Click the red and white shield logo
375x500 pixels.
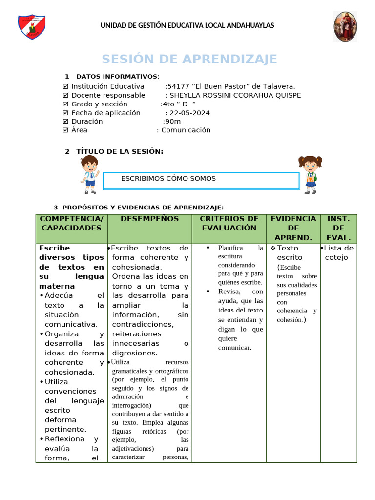coord(32,27)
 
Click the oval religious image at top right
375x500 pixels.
coord(345,27)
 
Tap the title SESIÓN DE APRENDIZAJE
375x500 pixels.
coord(189,59)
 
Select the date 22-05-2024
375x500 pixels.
coord(189,113)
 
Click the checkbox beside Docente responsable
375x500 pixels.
coord(66,95)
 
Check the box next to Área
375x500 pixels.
coord(66,130)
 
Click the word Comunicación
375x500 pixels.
coord(186,130)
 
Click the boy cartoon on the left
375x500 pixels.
coord(89,174)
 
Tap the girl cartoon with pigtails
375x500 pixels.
coord(310,174)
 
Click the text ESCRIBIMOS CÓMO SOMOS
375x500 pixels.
coord(168,179)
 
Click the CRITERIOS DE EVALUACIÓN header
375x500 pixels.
coord(229,223)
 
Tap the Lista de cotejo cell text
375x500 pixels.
coord(338,252)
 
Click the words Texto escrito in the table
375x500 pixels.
coord(289,252)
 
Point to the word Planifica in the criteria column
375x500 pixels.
coord(230,248)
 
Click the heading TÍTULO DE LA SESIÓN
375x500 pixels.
coord(120,152)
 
